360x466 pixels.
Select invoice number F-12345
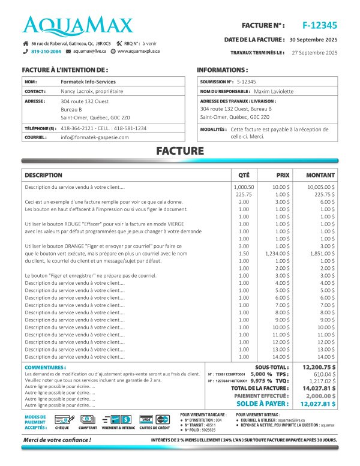pyautogui.click(x=319, y=25)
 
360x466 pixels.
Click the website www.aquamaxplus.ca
pyautogui.click(x=139, y=52)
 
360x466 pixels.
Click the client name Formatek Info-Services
pyautogui.click(x=88, y=82)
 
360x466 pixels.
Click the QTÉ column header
pyautogui.click(x=244, y=176)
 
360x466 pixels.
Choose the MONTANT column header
pyautogui.click(x=320, y=176)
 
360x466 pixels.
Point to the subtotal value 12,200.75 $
pyautogui.click(x=319, y=366)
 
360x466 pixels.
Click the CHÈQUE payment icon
pyautogui.click(x=62, y=419)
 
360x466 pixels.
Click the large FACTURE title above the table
pyautogui.click(x=179, y=151)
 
